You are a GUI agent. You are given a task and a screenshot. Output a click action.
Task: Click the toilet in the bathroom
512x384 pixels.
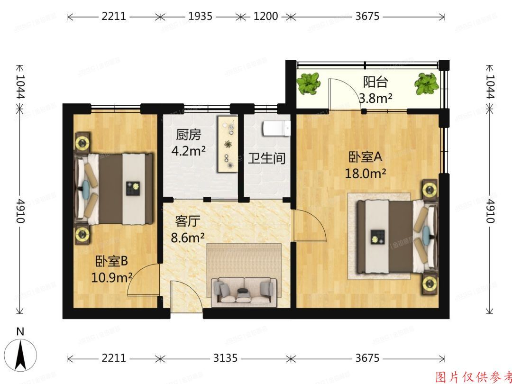[x=276, y=128]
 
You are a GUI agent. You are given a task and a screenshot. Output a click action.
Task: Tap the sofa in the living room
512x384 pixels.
[x=244, y=290]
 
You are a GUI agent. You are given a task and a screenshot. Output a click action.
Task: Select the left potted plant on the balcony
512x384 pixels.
[x=309, y=83]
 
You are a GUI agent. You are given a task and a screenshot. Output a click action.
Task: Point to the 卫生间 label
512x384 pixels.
[x=267, y=158]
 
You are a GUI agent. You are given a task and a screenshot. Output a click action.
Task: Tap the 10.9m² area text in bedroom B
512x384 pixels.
[x=111, y=276]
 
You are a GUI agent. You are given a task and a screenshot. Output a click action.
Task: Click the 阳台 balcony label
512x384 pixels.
[x=375, y=82]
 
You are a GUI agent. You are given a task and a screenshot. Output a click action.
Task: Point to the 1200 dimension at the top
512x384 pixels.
[x=265, y=17]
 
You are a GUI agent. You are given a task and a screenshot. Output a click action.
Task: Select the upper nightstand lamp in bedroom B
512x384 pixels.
[x=84, y=142]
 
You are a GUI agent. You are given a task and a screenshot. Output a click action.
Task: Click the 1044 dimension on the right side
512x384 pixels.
[x=490, y=87]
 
